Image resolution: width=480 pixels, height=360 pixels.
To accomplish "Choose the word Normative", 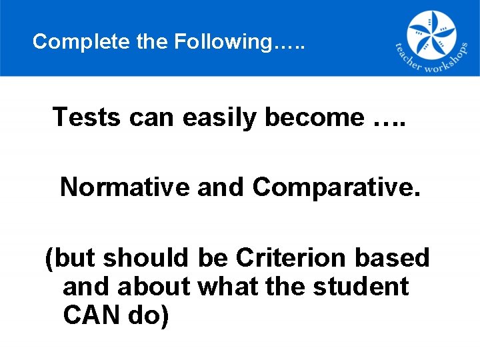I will [125, 187].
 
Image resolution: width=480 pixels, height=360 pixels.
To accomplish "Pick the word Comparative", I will [336, 188].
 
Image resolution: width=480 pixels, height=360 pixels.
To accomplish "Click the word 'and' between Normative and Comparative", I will [221, 187].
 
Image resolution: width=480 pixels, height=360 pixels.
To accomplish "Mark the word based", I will [395, 257].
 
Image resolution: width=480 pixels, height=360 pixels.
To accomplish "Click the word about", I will [157, 287].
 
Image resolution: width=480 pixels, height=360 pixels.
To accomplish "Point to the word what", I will [227, 287].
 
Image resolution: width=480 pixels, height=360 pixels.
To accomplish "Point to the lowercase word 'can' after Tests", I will [151, 118].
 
